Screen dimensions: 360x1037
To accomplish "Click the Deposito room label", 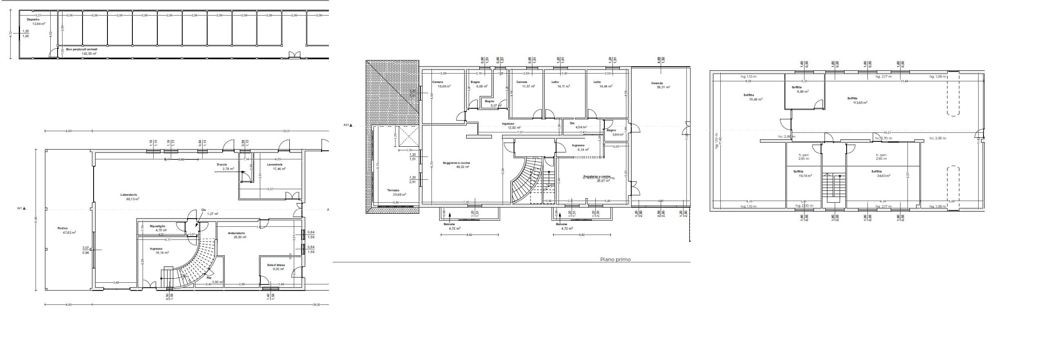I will pyautogui.click(x=33, y=20).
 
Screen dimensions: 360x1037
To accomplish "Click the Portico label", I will pyautogui.click(x=63, y=228).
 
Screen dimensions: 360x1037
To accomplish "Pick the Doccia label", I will pyautogui.click(x=222, y=165).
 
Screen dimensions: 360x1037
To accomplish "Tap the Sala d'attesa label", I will pyautogui.click(x=276, y=265).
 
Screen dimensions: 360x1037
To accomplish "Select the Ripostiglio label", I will pyautogui.click(x=157, y=226).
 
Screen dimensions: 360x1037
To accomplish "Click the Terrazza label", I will pyautogui.click(x=393, y=190).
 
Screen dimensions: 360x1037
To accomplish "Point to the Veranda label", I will pyautogui.click(x=657, y=83).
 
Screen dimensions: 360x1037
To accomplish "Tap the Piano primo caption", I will pyautogui.click(x=615, y=259).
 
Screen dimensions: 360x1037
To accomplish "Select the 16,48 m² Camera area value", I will pyautogui.click(x=444, y=87).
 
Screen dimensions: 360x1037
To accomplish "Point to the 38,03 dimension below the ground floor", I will pyautogui.click(x=316, y=304).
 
